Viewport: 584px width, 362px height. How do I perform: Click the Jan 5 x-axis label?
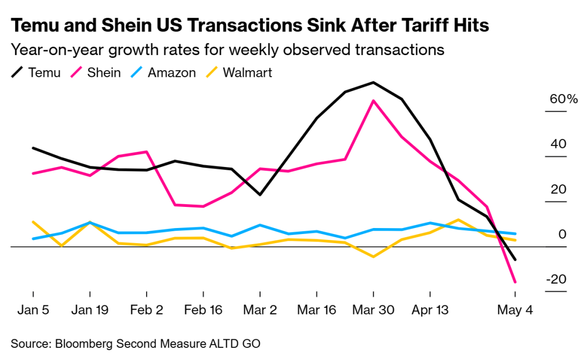tap(33, 310)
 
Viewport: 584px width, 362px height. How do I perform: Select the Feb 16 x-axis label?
tap(203, 310)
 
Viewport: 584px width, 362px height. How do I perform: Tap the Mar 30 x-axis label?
tap(373, 310)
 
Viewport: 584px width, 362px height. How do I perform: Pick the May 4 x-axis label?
tap(515, 310)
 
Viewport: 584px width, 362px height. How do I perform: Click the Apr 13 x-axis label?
tap(430, 310)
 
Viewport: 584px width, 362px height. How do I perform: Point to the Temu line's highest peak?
tap(373, 83)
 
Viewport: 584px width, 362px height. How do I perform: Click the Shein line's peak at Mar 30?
tap(373, 100)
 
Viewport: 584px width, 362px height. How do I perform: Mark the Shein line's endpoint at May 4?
tap(515, 281)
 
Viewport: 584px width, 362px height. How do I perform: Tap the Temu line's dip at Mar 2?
tap(260, 195)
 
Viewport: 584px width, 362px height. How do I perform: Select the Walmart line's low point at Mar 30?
tap(373, 256)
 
